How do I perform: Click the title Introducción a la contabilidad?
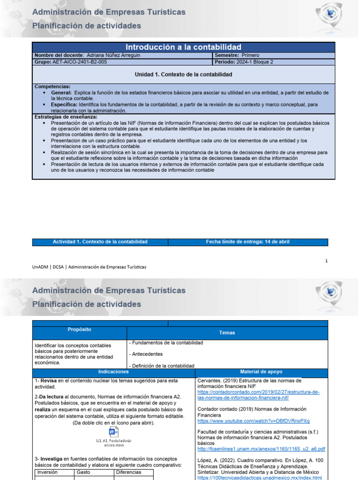(x=183, y=47)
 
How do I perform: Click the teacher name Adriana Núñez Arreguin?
(x=113, y=55)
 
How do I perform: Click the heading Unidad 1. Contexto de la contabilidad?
(x=183, y=75)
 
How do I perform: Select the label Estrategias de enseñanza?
(x=66, y=117)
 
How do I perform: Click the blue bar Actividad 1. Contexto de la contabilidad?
(x=100, y=242)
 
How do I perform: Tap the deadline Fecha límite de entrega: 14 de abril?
(x=247, y=242)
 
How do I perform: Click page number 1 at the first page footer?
(x=326, y=261)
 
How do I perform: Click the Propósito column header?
(x=80, y=330)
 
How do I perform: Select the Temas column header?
(x=227, y=333)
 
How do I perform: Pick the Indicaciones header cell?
(x=113, y=371)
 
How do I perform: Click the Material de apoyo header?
(x=261, y=371)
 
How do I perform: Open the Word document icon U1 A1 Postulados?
(x=113, y=432)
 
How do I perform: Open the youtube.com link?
(x=254, y=421)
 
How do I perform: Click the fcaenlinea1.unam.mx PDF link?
(x=261, y=449)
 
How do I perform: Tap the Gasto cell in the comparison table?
(x=84, y=472)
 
